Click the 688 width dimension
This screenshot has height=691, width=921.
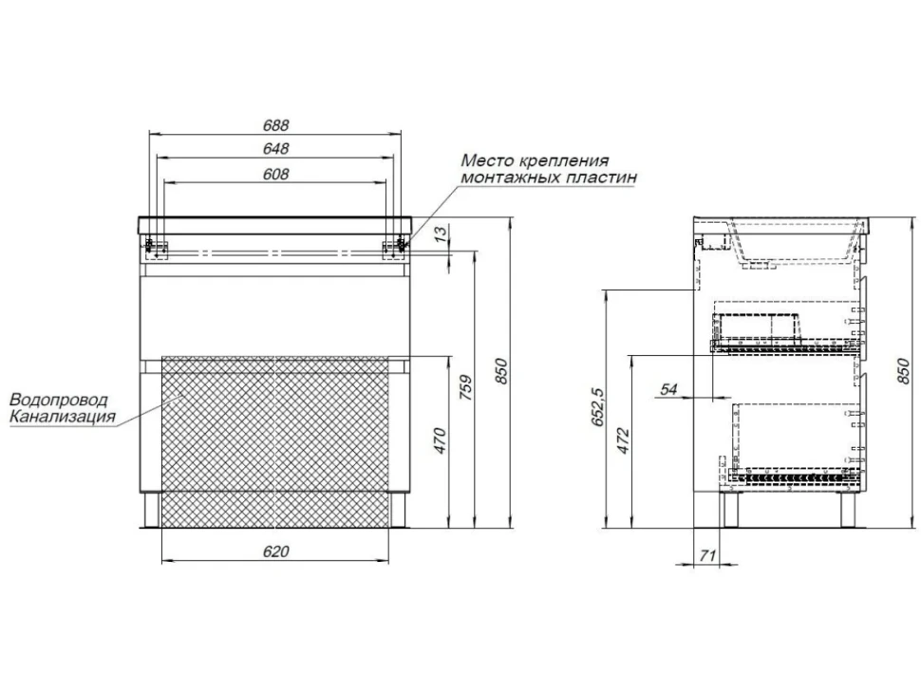click(x=275, y=125)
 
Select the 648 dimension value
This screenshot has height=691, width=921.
click(x=275, y=148)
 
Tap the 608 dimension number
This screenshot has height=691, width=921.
click(x=275, y=175)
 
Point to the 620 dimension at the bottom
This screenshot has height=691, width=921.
click(x=275, y=551)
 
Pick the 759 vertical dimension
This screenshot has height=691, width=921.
click(x=464, y=387)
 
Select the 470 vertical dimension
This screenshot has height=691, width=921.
click(x=441, y=441)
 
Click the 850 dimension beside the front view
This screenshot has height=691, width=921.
click(x=500, y=371)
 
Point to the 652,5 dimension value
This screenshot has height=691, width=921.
click(x=598, y=406)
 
